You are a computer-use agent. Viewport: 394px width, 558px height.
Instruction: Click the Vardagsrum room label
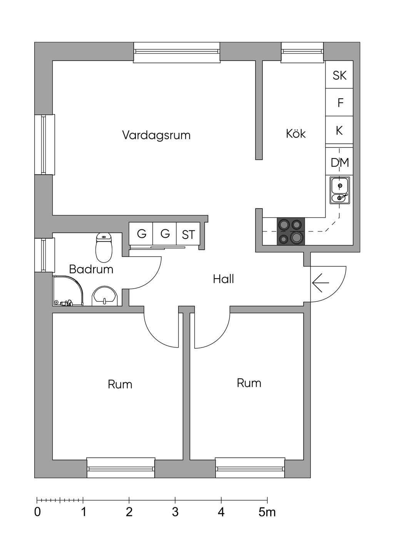point(156,135)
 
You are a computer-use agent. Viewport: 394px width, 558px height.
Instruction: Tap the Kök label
point(295,134)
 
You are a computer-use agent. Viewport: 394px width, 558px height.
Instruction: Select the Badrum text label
point(91,269)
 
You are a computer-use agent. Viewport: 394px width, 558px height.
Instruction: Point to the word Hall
point(223,279)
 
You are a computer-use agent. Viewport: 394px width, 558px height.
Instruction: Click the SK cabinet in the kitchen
point(339,75)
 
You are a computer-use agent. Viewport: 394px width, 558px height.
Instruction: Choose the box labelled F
point(340,103)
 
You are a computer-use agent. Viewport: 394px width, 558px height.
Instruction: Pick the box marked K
point(339,131)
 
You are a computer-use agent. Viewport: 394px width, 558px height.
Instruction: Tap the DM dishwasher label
point(339,163)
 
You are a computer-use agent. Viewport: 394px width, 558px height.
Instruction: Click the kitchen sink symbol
point(339,190)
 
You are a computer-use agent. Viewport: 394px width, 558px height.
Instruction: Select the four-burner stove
point(290,231)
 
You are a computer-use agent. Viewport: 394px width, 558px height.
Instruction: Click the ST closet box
point(188,234)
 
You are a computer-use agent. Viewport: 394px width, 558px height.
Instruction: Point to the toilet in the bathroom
point(104,247)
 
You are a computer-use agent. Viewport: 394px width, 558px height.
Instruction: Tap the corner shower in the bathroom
point(68,291)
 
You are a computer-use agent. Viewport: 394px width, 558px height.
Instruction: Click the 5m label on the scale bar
point(267,512)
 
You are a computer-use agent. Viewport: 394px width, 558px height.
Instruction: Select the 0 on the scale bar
point(37,512)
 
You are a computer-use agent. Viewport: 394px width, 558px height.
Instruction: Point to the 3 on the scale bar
point(175,512)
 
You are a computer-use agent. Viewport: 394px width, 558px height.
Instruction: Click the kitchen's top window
point(302,52)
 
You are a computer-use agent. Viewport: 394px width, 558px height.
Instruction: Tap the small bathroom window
point(43,255)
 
